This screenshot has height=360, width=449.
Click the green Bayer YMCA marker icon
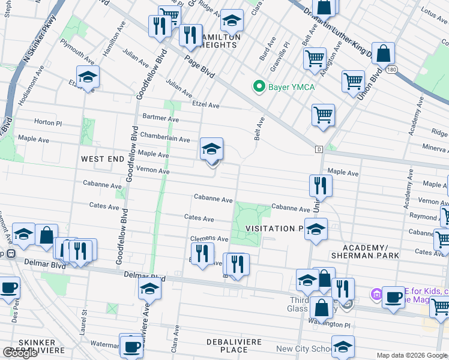(259, 87)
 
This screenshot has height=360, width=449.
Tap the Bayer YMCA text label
(291, 88)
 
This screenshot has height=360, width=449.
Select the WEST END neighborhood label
(103, 159)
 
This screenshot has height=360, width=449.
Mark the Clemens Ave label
(209, 239)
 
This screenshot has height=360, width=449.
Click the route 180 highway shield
(391, 70)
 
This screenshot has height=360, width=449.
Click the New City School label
(303, 349)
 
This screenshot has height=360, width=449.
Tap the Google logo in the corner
(20, 353)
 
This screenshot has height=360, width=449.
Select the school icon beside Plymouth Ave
(88, 77)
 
